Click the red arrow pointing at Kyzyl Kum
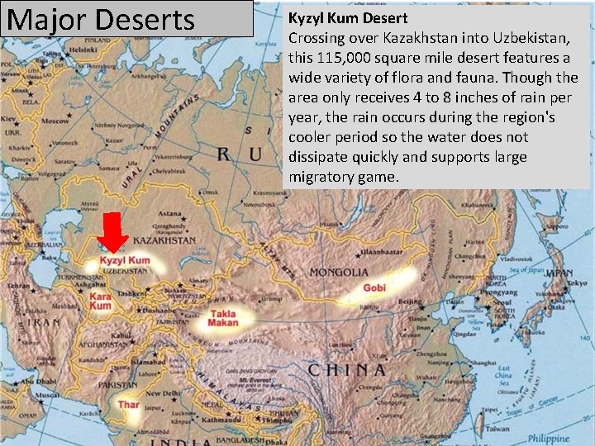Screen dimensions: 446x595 (112, 230)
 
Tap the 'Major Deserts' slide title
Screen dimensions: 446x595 (101, 19)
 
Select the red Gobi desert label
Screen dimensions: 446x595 (374, 288)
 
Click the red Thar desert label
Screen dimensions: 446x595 (128, 405)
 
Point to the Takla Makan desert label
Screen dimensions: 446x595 (223, 318)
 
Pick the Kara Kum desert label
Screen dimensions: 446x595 (100, 301)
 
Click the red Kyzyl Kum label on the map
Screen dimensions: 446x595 (125, 261)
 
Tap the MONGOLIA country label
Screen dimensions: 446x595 (340, 272)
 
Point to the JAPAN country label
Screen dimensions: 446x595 (559, 272)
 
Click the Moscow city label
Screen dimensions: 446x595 (55, 121)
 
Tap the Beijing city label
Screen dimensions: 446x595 (411, 302)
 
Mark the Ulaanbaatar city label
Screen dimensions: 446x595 (379, 249)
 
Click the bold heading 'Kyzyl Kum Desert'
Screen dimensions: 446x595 (348, 17)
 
